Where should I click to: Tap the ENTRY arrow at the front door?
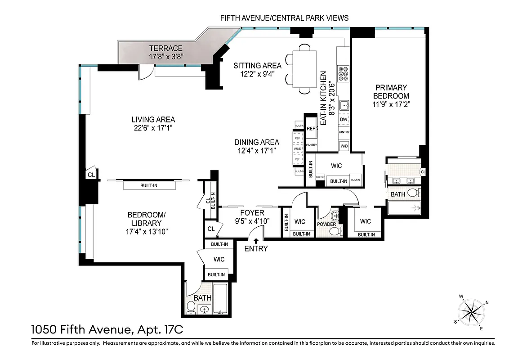point(256,241)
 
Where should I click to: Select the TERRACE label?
point(166,48)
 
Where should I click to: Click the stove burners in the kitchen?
point(344,73)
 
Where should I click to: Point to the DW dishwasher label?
point(344,120)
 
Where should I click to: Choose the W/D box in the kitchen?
point(344,146)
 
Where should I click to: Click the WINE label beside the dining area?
point(297,148)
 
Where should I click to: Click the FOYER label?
point(252,212)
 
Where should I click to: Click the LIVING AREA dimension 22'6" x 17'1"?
point(153,128)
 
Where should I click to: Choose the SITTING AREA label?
point(257,66)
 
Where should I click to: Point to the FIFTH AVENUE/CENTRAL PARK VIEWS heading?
point(284,18)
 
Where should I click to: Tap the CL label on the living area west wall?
point(91,175)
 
